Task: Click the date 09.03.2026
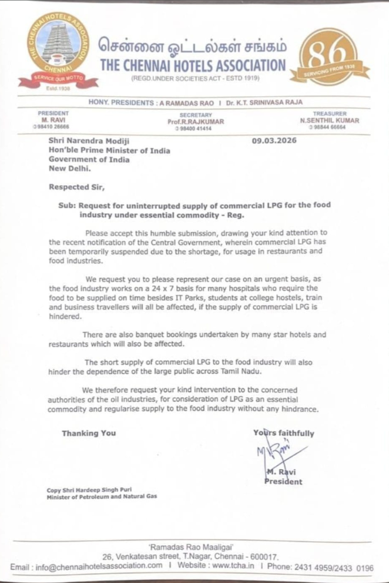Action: pos(274,140)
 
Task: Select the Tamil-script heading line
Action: pos(193,47)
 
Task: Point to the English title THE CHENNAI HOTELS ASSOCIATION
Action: pos(193,65)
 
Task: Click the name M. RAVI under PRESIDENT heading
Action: pos(48,120)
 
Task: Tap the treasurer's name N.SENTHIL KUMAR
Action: pos(329,120)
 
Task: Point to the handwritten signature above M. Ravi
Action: pos(277,452)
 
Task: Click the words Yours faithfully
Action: pos(283,433)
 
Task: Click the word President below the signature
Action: pos(283,481)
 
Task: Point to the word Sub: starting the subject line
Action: pos(67,205)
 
